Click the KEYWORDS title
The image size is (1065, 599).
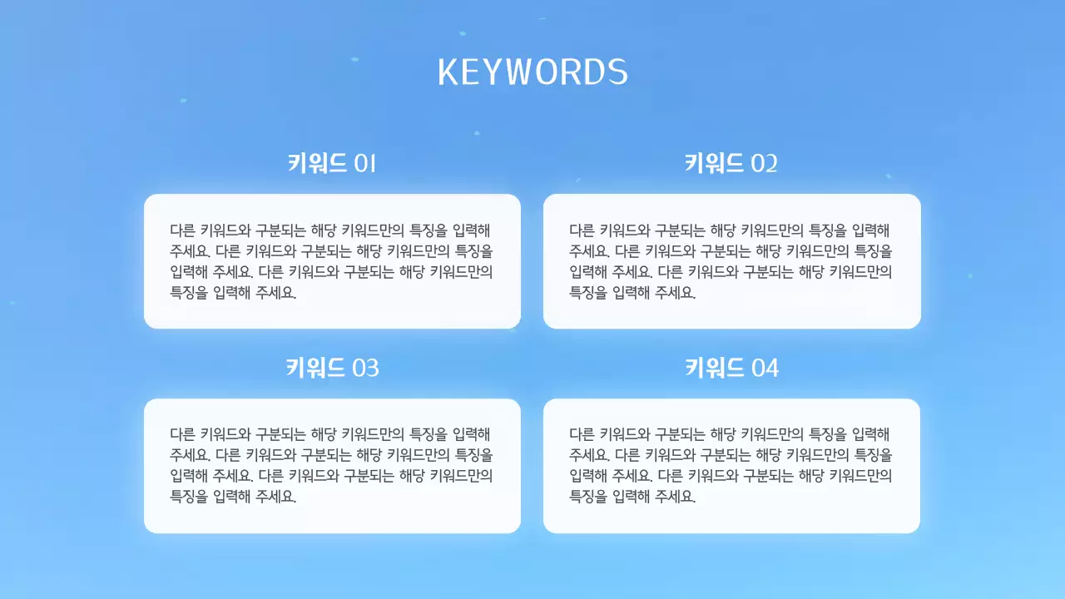[x=532, y=72]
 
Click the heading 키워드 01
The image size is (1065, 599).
[x=332, y=163]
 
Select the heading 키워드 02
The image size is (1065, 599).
[x=731, y=163]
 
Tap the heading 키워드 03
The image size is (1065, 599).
[x=332, y=367]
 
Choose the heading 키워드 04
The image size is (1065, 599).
[x=731, y=367]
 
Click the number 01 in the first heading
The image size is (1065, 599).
[x=365, y=164]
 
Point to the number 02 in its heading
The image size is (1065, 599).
[x=764, y=164]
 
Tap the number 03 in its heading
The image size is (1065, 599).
[x=366, y=368]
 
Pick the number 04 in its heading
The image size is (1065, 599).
[x=765, y=368]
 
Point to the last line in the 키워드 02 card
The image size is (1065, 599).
[x=632, y=293]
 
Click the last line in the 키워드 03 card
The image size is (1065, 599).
[x=233, y=497]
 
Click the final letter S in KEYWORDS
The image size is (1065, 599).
[x=617, y=73]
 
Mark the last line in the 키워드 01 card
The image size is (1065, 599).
[x=233, y=293]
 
